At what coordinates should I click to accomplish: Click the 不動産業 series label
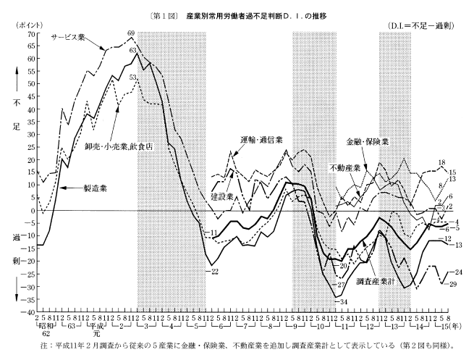[x=346, y=167]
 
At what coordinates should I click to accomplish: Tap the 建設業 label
[x=223, y=197]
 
